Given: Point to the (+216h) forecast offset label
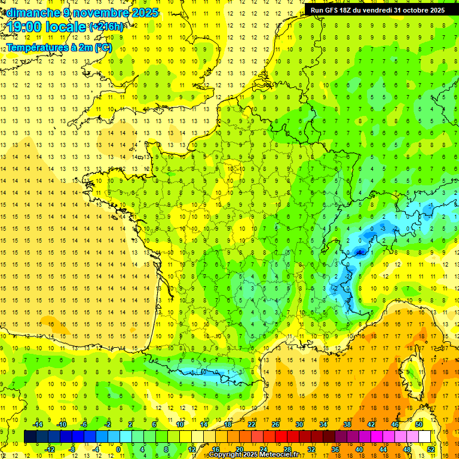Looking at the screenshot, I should pyautogui.click(x=106, y=27).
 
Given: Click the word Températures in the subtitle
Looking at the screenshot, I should pyautogui.click(x=35, y=47).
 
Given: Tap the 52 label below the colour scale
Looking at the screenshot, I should pyautogui.click(x=431, y=449).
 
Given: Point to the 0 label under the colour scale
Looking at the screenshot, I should pyautogui.click(x=118, y=449).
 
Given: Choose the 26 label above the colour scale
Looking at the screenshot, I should pyautogui.click(x=276, y=424).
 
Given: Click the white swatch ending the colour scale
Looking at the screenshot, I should pyautogui.click(x=425, y=436).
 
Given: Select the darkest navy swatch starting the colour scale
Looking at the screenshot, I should pyautogui.click(x=30, y=436).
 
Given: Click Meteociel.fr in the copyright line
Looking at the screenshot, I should pyautogui.click(x=284, y=455).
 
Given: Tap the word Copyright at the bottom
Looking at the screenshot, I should pyautogui.click(x=227, y=455).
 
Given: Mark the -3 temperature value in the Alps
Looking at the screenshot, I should pyautogui.click(x=382, y=228).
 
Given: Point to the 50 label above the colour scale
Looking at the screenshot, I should pyautogui.click(x=419, y=424).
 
